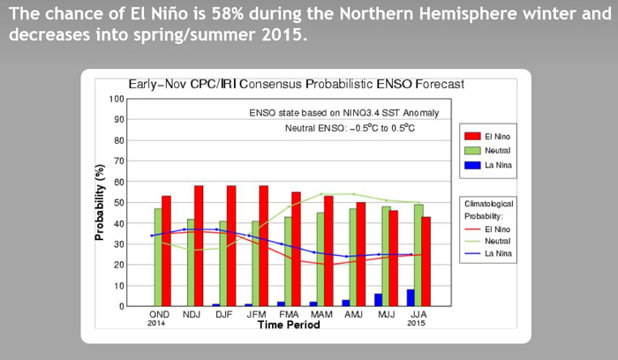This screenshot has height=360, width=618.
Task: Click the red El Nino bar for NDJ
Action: tap(199, 246)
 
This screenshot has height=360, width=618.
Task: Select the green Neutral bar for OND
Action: tap(158, 257)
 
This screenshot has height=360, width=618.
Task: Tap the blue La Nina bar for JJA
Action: tap(411, 297)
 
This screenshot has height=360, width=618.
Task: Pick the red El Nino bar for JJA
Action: tap(426, 261)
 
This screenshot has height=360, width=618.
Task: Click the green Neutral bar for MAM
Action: tap(320, 259)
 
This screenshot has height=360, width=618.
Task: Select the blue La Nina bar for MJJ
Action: tap(378, 300)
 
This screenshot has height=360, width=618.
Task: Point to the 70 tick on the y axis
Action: tap(119, 161)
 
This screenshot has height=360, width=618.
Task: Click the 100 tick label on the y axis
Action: tap(117, 99)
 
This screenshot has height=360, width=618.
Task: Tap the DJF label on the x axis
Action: tap(224, 314)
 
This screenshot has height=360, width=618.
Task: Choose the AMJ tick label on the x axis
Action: tap(353, 314)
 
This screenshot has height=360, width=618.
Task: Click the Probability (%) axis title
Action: tap(100, 202)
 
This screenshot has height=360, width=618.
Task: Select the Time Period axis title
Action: tap(289, 325)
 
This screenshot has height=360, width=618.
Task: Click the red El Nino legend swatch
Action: tap(472, 136)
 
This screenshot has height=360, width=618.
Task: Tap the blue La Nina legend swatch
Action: tap(472, 165)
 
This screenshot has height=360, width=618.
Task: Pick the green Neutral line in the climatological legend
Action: tap(472, 241)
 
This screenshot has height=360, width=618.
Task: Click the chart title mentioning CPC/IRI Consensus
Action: tap(297, 84)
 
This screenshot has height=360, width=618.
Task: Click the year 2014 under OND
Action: tap(156, 323)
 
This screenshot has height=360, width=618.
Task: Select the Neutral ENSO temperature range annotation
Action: tap(350, 128)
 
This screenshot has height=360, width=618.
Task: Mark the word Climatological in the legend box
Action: tap(489, 204)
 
